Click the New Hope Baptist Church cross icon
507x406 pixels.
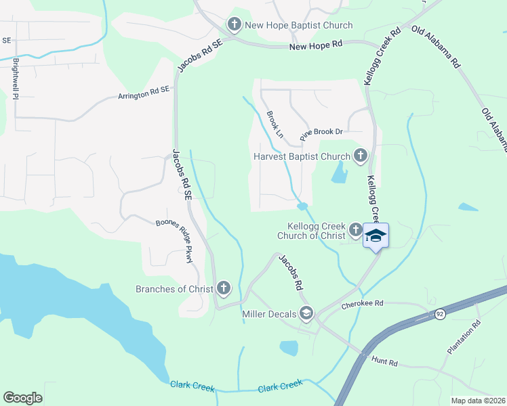coord(235,26)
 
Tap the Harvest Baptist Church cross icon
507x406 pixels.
coord(360,157)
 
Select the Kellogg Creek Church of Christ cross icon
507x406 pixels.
coord(355,231)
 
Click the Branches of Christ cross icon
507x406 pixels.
coord(224,289)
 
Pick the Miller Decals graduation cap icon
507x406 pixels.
coord(306,313)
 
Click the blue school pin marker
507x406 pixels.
coord(376,236)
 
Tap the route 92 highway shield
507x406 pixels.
coord(440,314)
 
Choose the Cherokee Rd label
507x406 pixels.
coord(363,304)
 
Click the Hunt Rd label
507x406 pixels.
coord(384,362)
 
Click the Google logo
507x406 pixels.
coord(22,398)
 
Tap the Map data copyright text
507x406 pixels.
coord(477,401)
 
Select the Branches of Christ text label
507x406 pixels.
coord(174,290)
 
